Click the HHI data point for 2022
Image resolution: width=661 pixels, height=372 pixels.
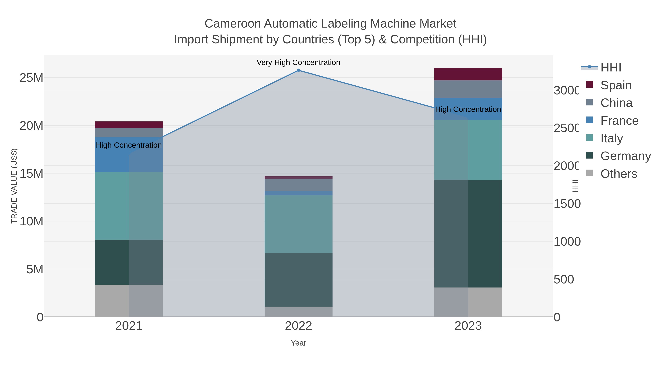click(298, 70)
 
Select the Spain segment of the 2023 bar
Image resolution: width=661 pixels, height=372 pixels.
click(468, 74)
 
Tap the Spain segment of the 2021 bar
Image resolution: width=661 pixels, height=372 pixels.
click(129, 125)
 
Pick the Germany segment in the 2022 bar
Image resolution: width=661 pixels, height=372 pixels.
click(298, 280)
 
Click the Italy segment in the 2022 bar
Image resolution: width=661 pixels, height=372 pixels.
click(298, 224)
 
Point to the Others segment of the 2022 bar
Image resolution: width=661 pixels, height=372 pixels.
click(298, 312)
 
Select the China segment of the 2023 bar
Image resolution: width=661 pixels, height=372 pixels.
click(468, 89)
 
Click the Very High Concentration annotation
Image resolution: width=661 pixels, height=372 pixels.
click(298, 62)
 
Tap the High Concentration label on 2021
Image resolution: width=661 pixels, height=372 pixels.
click(129, 145)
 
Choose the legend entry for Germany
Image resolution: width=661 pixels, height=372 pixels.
click(626, 156)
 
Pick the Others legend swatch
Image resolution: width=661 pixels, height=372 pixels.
click(590, 173)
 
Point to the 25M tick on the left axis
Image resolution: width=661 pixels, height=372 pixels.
click(31, 78)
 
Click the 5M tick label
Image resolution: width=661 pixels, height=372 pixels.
click(35, 269)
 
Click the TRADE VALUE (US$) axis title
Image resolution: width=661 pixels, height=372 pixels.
click(14, 186)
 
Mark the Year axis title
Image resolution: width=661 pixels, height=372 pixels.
click(298, 343)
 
